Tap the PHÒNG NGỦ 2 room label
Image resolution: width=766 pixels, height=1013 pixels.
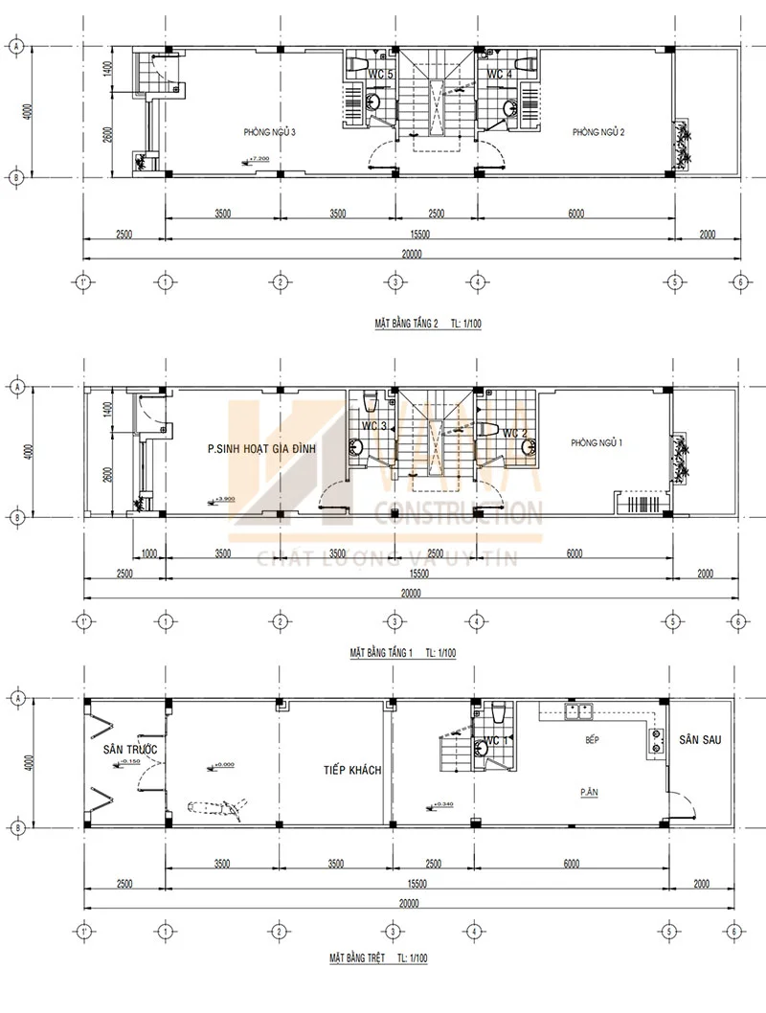[598, 132]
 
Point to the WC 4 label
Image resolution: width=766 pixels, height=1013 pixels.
[499, 74]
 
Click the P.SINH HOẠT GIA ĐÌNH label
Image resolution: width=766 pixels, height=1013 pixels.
[261, 447]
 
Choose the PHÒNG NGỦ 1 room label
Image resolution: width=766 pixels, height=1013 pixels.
[597, 442]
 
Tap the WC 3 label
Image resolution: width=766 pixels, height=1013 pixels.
[373, 426]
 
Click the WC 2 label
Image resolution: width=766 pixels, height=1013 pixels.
[515, 433]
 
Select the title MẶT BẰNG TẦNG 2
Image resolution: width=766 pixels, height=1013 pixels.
[406, 324]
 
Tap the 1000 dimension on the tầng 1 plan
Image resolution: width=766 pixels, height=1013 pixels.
[148, 552]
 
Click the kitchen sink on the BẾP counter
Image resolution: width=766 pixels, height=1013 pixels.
[579, 711]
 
